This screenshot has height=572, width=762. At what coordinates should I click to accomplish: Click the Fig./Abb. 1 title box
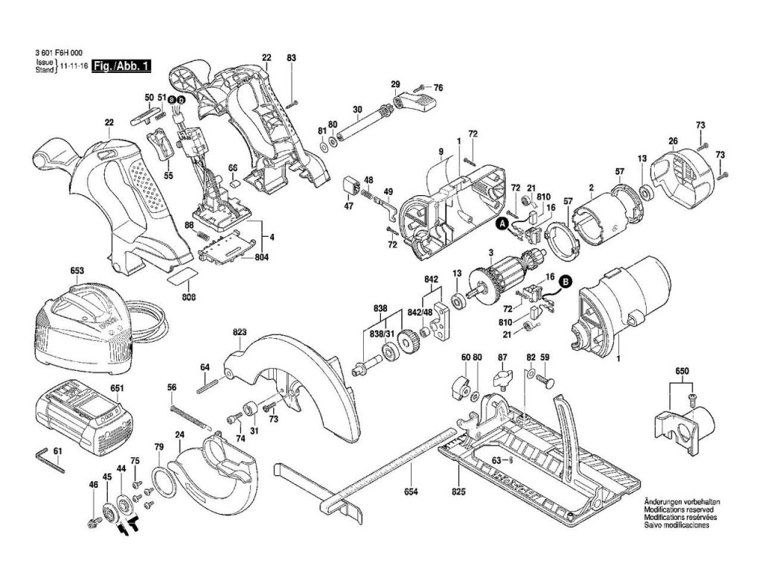(x=121, y=66)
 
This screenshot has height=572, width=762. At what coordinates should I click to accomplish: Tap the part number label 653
(x=77, y=271)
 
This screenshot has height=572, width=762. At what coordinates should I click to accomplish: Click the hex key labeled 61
(x=50, y=460)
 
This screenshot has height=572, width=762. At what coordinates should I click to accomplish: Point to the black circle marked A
(x=502, y=223)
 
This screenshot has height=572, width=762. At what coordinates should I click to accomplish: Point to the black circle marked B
(x=566, y=281)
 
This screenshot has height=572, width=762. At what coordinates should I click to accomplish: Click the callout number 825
(x=458, y=492)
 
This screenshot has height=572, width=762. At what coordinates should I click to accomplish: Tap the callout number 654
(x=411, y=492)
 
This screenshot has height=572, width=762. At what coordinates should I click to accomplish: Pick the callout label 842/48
(x=420, y=312)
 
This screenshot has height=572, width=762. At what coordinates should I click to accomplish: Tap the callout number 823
(x=240, y=332)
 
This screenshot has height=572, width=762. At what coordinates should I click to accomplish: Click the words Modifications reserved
(x=679, y=509)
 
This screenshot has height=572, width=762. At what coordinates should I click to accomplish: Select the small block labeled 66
(x=234, y=184)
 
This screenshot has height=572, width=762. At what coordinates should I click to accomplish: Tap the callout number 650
(x=682, y=372)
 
